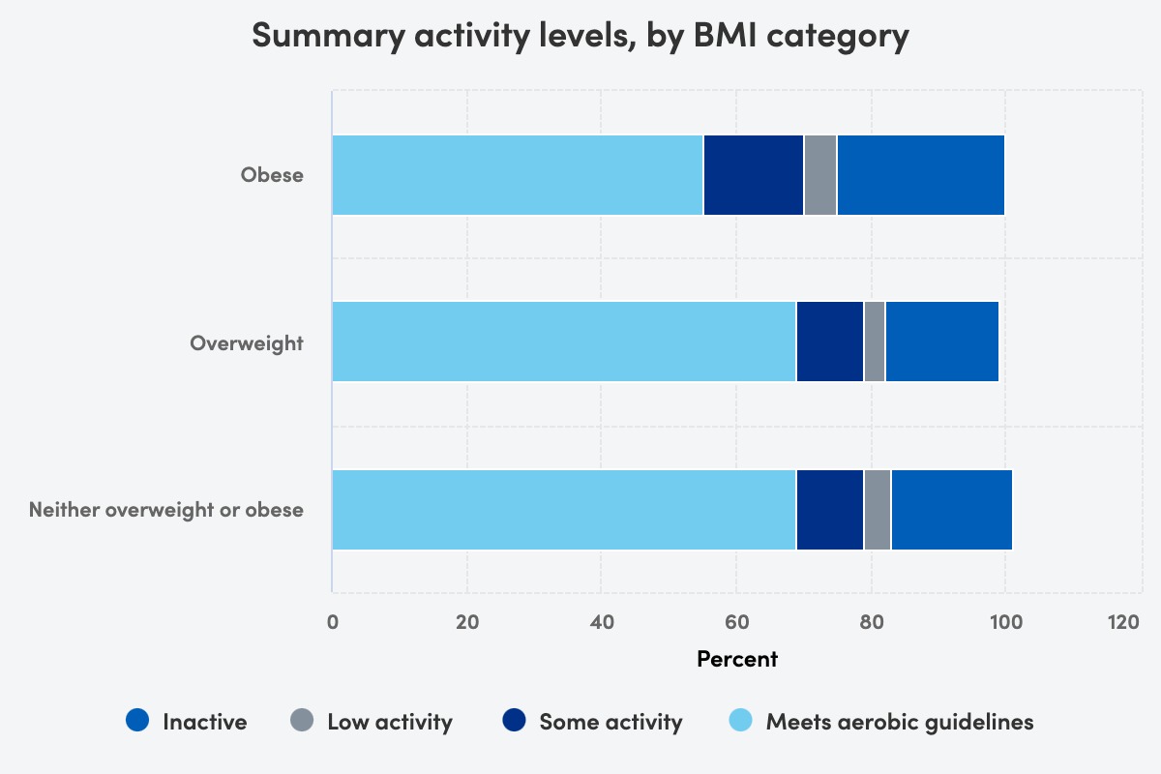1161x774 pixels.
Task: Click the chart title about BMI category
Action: point(580,36)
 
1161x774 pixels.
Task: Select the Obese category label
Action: point(272,175)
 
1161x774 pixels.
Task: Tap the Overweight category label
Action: point(247,342)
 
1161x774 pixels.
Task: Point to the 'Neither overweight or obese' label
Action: point(166,510)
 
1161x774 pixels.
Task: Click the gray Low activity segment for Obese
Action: point(820,175)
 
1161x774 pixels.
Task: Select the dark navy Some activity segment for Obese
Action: point(754,175)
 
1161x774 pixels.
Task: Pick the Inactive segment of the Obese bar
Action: point(920,175)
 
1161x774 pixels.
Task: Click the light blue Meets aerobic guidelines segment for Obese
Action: point(518,175)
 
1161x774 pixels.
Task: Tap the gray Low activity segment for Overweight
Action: point(875,342)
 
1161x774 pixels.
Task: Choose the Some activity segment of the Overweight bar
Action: point(830,342)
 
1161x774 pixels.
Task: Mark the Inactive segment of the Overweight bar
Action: point(941,342)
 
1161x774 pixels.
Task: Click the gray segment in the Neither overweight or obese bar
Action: point(878,510)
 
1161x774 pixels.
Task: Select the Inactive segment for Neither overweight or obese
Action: point(952,510)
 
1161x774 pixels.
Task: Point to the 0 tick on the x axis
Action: point(333,622)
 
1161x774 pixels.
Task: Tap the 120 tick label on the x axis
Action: point(1123,622)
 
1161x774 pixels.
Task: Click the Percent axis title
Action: point(737,659)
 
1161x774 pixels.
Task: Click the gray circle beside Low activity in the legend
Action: point(301,721)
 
